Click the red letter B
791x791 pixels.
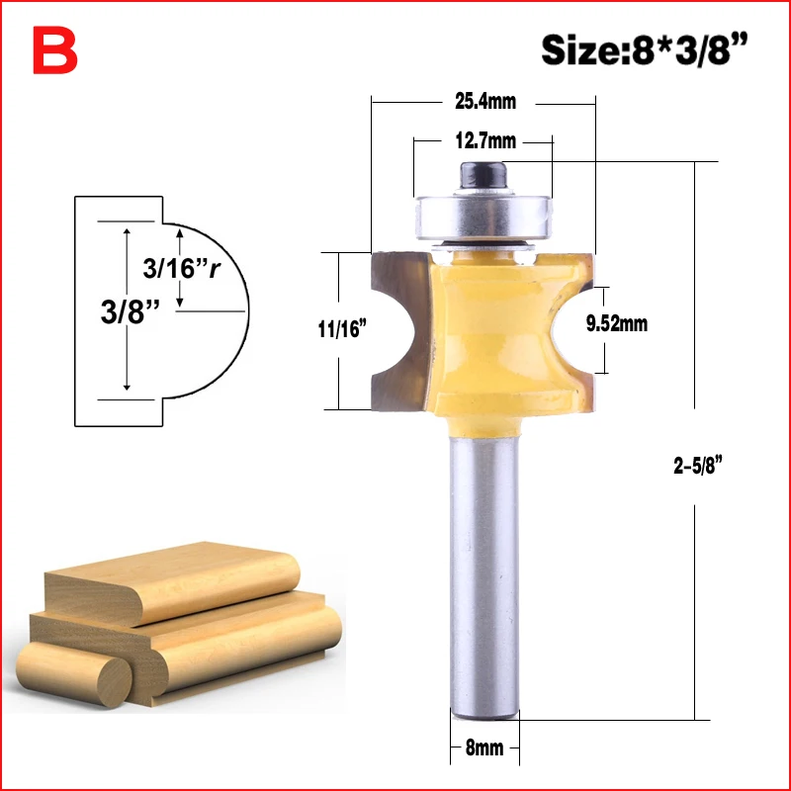click(x=55, y=50)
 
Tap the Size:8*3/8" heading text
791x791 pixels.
click(x=645, y=49)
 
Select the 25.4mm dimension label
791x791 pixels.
click(x=485, y=102)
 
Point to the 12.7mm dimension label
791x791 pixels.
click(x=485, y=140)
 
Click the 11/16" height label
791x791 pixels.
click(x=341, y=329)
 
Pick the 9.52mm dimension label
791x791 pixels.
click(x=616, y=323)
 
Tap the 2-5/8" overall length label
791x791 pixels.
click(x=698, y=465)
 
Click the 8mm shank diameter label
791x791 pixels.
click(x=484, y=747)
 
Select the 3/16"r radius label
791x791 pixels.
click(x=182, y=268)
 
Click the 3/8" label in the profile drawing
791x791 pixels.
click(x=131, y=311)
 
